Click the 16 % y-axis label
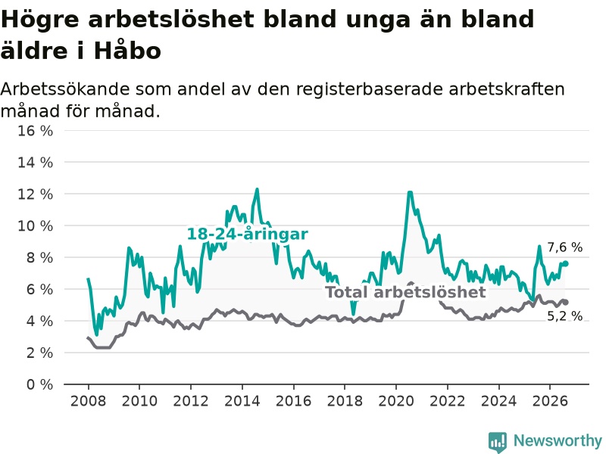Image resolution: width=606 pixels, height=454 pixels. pyautogui.click(x=35, y=131)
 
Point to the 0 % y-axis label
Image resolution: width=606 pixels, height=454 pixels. pyautogui.click(x=39, y=384)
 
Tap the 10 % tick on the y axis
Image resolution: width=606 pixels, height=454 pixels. pyautogui.click(x=35, y=225)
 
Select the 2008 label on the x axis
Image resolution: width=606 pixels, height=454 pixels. pyautogui.click(x=88, y=401)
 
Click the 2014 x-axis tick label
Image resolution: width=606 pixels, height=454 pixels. pyautogui.click(x=242, y=401)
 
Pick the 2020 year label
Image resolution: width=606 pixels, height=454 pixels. pyautogui.click(x=396, y=401)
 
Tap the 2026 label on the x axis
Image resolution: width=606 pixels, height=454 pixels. pyautogui.click(x=550, y=401)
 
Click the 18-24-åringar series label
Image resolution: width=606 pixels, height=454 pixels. pyautogui.click(x=248, y=234)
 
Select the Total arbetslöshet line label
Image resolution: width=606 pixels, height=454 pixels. pyautogui.click(x=405, y=292)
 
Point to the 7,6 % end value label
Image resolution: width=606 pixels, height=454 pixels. pyautogui.click(x=564, y=247)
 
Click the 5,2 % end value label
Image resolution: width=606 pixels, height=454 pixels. pyautogui.click(x=564, y=316)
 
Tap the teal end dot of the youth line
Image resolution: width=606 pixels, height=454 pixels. pyautogui.click(x=566, y=263)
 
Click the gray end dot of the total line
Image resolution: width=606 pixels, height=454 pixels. pyautogui.click(x=566, y=302)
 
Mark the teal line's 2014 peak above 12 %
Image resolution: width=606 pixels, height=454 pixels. pyautogui.click(x=257, y=189)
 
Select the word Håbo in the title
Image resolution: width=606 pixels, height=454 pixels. pyautogui.click(x=127, y=51)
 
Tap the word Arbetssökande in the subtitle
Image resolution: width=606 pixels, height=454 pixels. pyautogui.click(x=65, y=89)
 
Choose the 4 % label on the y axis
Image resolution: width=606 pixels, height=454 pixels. pyautogui.click(x=39, y=321)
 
